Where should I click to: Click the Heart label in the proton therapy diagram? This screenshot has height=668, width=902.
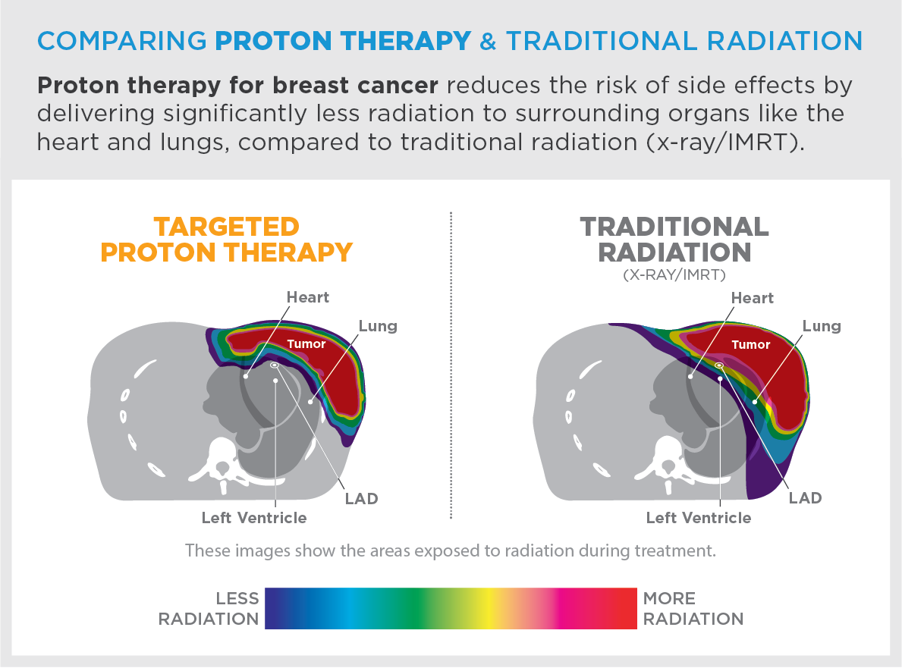[x=308, y=297]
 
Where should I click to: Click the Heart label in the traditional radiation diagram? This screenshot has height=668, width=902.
[x=753, y=298]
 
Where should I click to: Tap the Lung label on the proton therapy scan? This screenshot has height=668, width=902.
[x=378, y=327]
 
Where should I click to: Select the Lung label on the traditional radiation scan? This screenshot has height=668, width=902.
[x=822, y=327]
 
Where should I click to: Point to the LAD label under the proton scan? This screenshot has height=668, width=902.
[x=361, y=498]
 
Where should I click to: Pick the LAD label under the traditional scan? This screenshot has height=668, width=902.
[x=806, y=498]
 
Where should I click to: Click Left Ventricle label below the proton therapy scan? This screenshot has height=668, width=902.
[x=254, y=518]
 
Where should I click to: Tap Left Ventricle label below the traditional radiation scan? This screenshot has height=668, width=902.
[x=699, y=518]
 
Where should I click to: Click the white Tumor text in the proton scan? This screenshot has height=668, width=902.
[x=306, y=343]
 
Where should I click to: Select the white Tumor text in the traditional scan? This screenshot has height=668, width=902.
[x=751, y=344]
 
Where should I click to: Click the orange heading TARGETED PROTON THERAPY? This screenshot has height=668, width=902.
[x=227, y=240]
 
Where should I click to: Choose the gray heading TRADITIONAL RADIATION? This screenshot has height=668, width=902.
[x=674, y=240]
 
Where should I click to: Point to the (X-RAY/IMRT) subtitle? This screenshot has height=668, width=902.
[x=674, y=274]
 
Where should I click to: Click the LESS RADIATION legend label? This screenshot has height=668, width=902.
[x=209, y=608]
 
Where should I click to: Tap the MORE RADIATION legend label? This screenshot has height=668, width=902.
[x=693, y=608]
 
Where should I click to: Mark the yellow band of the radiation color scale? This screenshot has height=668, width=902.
[x=489, y=608]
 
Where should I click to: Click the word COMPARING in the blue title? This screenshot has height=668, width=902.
[x=122, y=41]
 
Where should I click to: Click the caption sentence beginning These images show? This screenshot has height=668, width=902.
[x=451, y=550]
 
